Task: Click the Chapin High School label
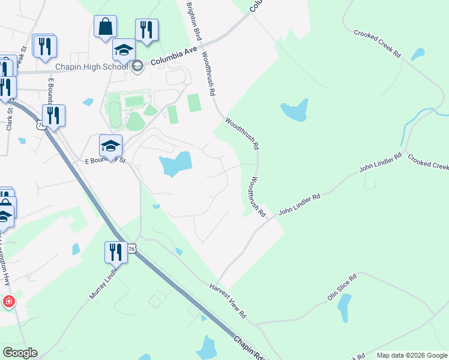[x=91, y=66]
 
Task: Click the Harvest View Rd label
[x=228, y=301]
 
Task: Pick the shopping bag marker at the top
[x=105, y=27]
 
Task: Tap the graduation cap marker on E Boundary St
[x=110, y=146]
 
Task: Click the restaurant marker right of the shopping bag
[x=146, y=30]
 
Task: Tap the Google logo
[x=20, y=353]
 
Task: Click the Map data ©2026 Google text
[x=411, y=355]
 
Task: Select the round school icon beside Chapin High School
[x=137, y=66]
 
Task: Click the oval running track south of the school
[x=114, y=113]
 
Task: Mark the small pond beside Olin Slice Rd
[x=344, y=308]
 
